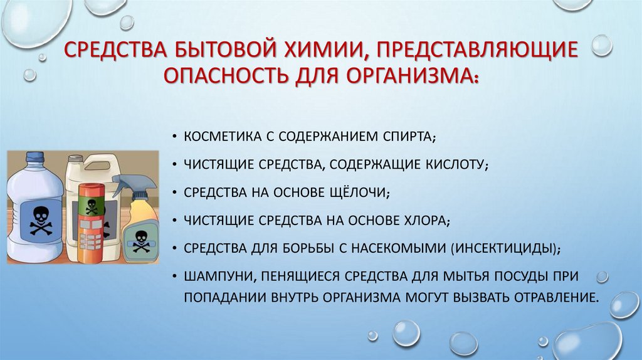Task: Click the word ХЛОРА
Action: tap(419, 220)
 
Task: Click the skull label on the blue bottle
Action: tap(39, 220)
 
